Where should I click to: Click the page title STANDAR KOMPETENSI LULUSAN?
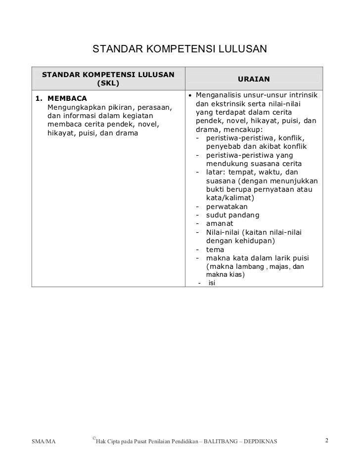pyautogui.click(x=180, y=49)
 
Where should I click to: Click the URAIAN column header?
pyautogui.click(x=254, y=79)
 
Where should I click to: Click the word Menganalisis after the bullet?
pyautogui.click(x=221, y=94)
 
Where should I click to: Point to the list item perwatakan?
pyautogui.click(x=227, y=207)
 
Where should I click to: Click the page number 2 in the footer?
pyautogui.click(x=326, y=439)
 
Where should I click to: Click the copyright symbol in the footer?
pyautogui.click(x=93, y=438)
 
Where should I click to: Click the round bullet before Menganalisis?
pyautogui.click(x=191, y=94)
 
